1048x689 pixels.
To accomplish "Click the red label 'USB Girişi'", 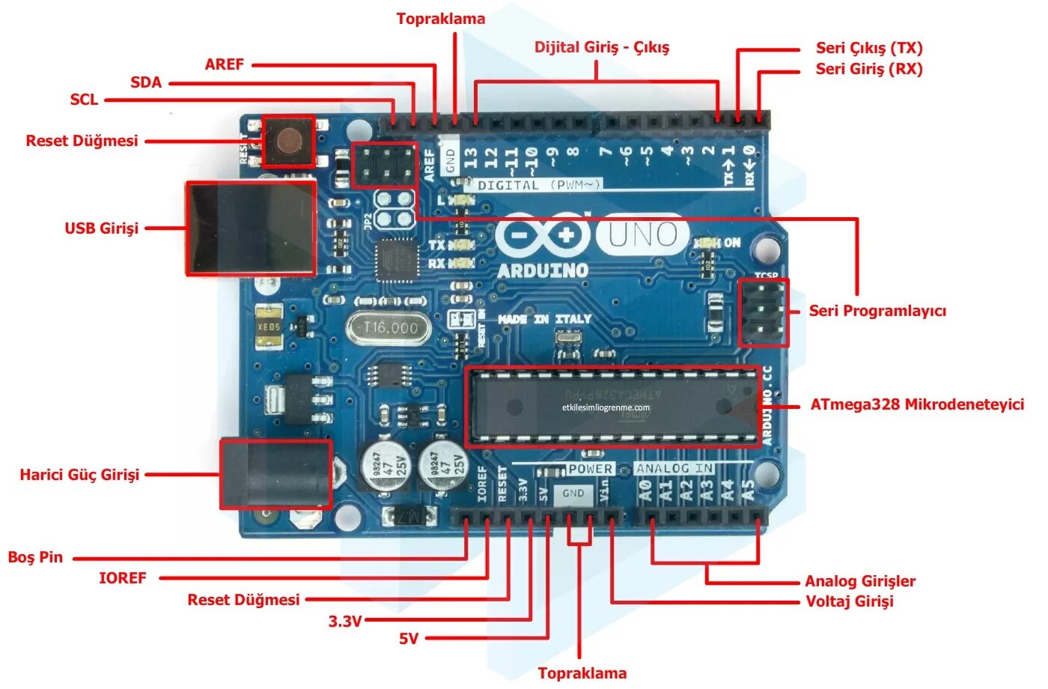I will pos(102,228).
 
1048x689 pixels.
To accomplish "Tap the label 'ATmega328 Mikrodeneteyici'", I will pos(917,404).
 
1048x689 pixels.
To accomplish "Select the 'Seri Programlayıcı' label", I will pos(877,311).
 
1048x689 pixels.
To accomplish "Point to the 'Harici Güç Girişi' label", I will pos(79,475).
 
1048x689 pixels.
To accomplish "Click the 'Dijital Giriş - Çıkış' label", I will pos(602,47).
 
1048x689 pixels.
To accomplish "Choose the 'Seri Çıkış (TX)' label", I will pos(869,48).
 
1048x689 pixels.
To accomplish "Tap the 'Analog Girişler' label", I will pos(860,581).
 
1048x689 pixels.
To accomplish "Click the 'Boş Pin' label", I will pos(35,557).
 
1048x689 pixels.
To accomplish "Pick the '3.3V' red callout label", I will pos(345,621).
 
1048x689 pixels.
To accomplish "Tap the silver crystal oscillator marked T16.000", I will pos(389,328).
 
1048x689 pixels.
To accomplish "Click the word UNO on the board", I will pos(642,235).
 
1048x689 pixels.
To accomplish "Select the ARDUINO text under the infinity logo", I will pos(543,270).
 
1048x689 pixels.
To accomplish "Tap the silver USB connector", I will pos(250,228).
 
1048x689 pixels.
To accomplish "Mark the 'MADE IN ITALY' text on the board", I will pos(544,319).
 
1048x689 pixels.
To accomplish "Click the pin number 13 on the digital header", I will pos(471,157).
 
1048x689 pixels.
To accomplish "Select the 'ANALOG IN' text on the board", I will pos(674,469).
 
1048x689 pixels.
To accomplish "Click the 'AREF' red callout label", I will pos(225,64).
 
